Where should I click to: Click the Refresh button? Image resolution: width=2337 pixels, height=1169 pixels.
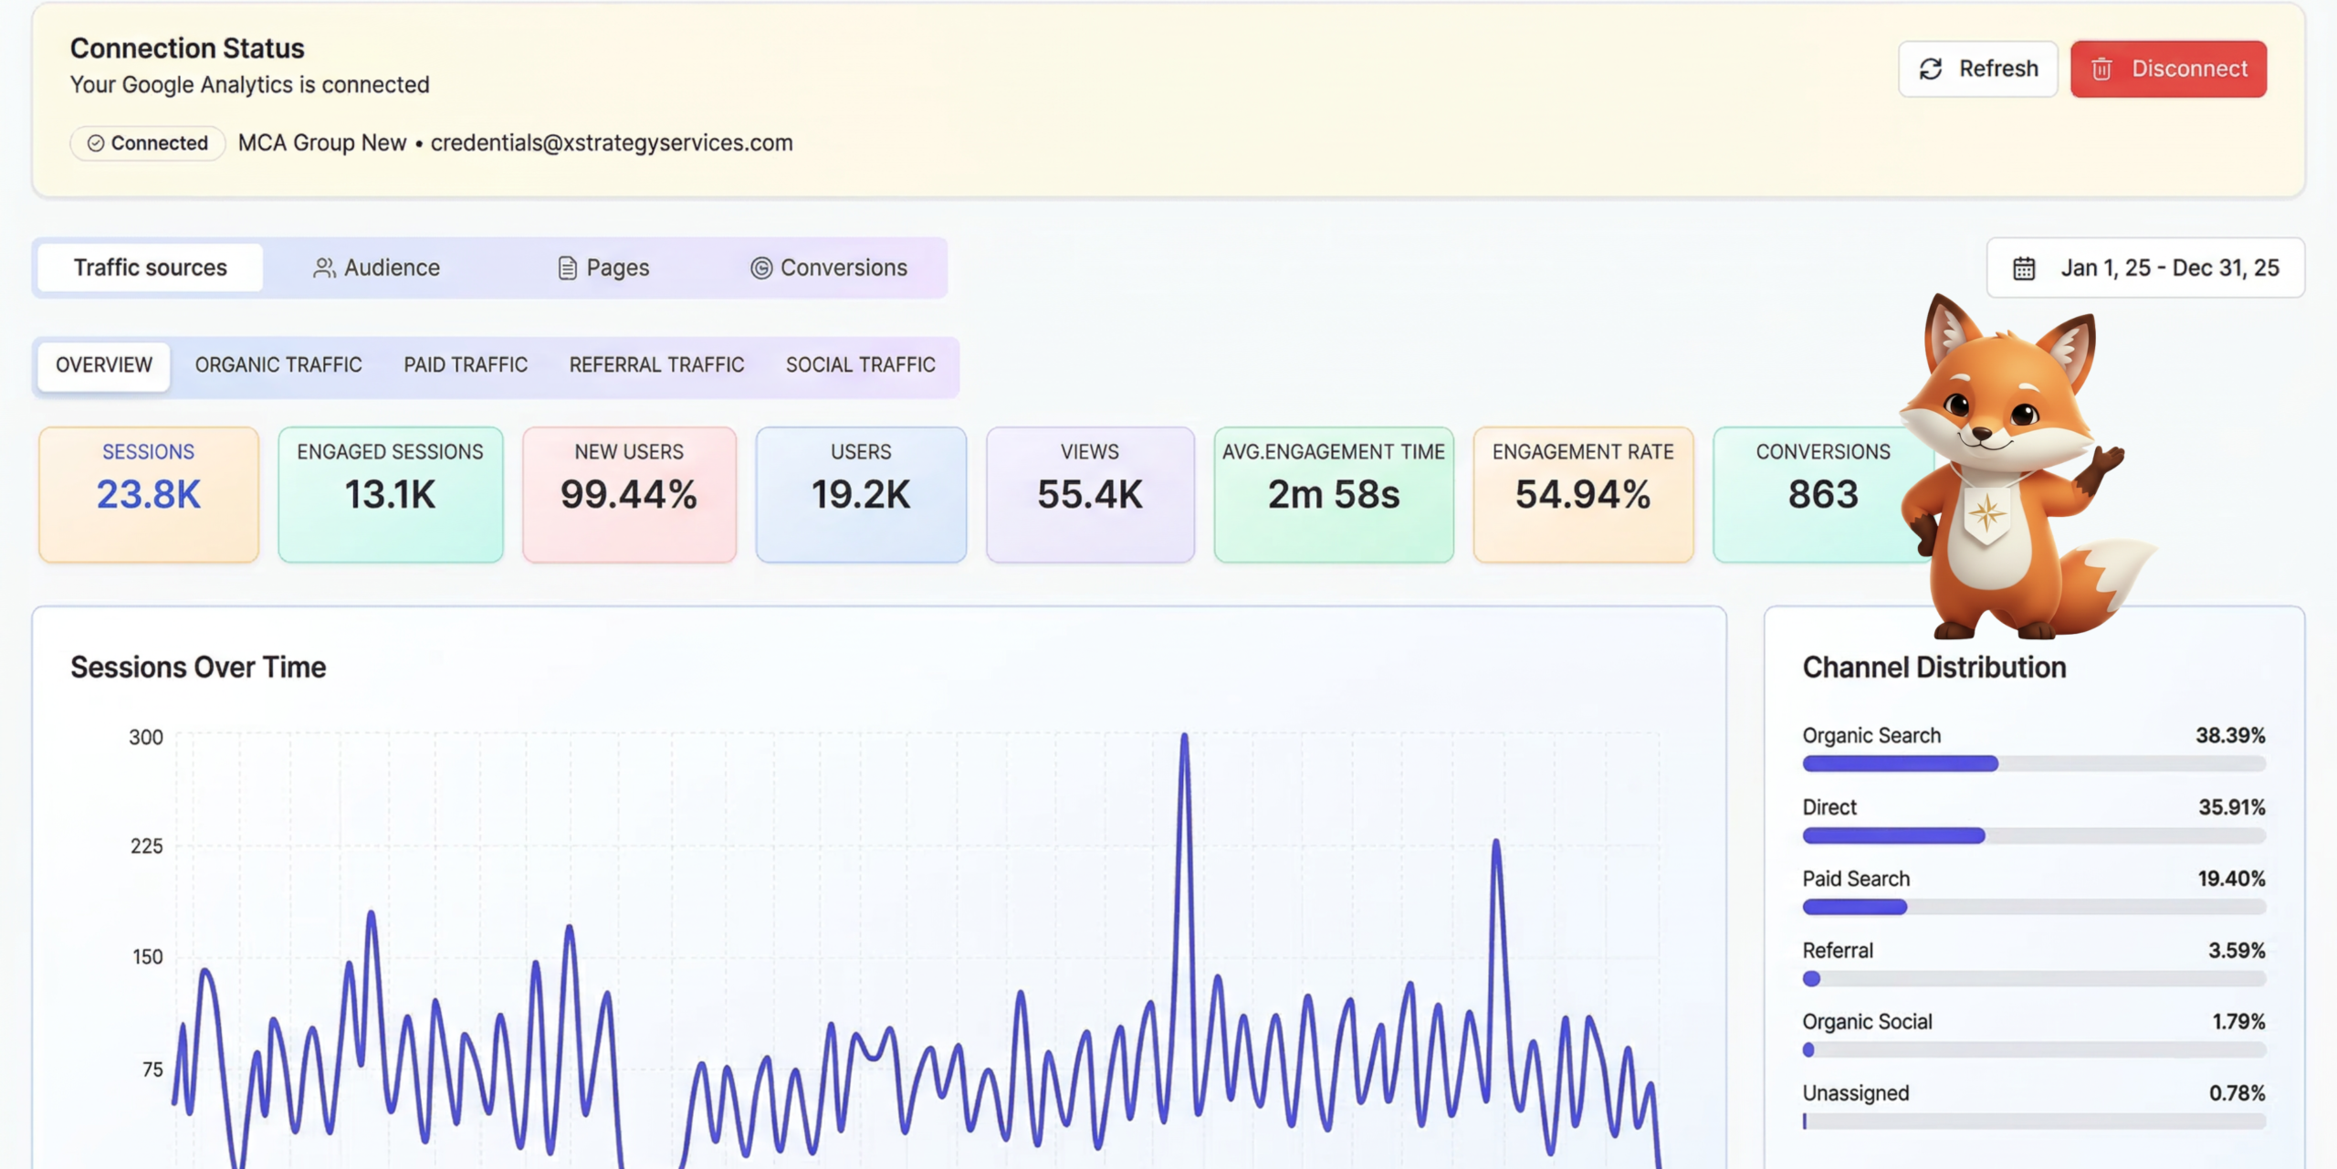pos(1977,68)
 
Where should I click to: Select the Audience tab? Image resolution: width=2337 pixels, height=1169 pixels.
pos(376,268)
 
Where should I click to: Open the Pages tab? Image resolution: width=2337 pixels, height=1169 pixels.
pos(603,268)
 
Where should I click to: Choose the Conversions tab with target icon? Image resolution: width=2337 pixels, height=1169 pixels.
pos(829,268)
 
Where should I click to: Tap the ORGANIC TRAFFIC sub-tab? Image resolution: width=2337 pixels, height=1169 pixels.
pos(278,365)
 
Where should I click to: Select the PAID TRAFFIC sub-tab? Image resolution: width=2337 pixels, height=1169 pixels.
pos(466,365)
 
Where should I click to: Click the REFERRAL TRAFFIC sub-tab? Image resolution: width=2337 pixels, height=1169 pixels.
pos(657,365)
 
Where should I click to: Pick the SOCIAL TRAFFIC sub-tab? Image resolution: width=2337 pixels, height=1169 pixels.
pos(861,365)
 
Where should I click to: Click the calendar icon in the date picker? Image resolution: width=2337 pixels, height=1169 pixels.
pos(2024,269)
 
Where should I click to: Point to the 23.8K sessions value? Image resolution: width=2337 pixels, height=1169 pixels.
pos(149,495)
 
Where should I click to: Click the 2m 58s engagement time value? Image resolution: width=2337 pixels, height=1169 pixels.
pos(1334,495)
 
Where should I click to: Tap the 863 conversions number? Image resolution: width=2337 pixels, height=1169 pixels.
pos(1823,495)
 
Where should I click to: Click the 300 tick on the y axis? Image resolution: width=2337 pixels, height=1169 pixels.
pos(146,737)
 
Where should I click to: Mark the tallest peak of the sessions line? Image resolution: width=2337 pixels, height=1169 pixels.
pos(1184,734)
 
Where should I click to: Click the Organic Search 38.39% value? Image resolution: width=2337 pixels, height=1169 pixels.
pos(2230,735)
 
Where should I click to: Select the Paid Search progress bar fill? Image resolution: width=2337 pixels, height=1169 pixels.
pos(1855,907)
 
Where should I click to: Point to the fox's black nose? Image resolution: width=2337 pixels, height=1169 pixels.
pos(1982,433)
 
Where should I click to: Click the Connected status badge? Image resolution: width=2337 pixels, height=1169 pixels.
pos(148,143)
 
